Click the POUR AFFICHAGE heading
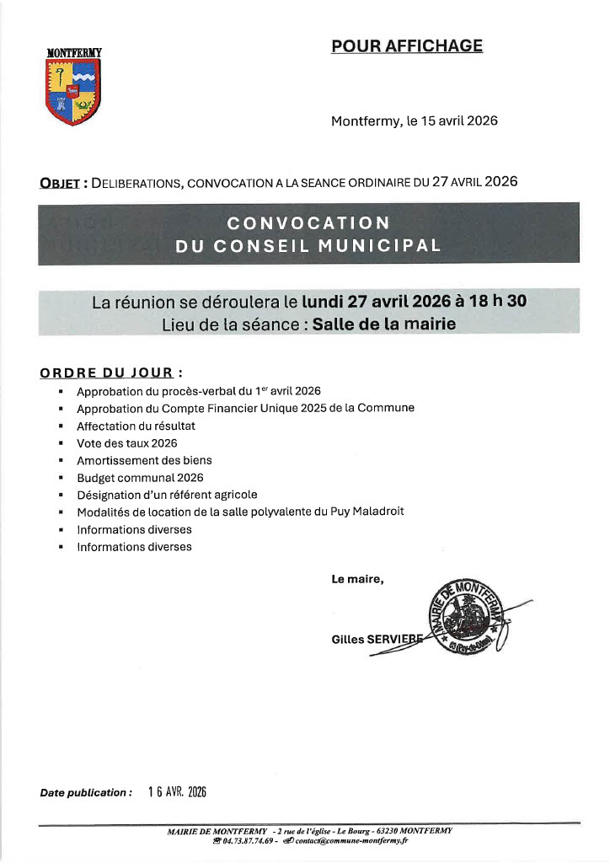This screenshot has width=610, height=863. click(x=407, y=46)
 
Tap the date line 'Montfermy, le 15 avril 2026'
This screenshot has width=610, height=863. click(x=415, y=121)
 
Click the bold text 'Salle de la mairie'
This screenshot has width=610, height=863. click(x=383, y=324)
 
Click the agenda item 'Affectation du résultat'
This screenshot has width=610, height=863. click(x=136, y=426)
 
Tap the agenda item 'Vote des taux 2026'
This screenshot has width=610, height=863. click(x=126, y=442)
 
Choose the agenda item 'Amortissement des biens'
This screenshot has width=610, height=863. click(x=144, y=460)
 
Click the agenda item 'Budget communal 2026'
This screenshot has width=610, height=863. click(x=140, y=477)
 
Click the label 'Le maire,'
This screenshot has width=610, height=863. click(x=357, y=579)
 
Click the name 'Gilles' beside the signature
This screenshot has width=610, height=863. click(x=348, y=640)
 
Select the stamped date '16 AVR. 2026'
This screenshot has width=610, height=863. click(x=177, y=792)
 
